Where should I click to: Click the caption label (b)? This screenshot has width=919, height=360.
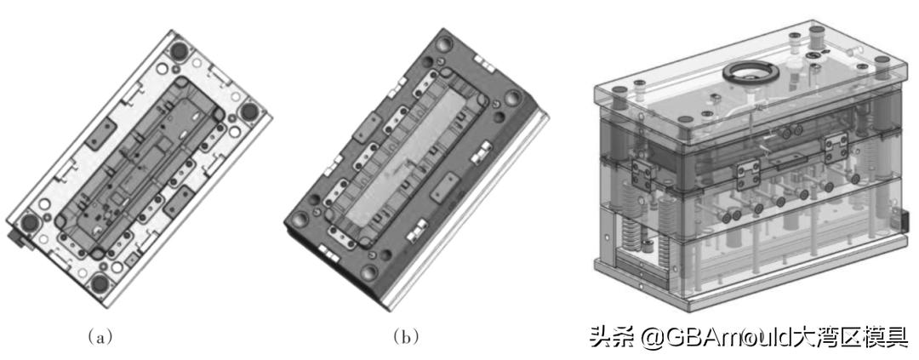point(406,336)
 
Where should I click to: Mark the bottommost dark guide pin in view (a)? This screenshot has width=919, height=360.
point(100,284)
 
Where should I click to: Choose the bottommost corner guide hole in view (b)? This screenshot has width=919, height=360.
point(368,272)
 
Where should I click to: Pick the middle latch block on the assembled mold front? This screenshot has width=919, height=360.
point(749,175)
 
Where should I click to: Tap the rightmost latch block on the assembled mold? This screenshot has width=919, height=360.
point(836,146)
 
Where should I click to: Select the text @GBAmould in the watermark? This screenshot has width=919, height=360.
point(689,336)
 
